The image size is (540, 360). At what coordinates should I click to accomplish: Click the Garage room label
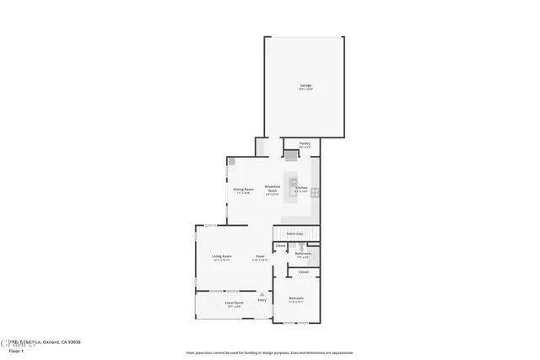click(305, 86)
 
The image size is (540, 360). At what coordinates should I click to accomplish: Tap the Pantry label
click(305, 143)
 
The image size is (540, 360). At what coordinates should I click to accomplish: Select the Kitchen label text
click(301, 187)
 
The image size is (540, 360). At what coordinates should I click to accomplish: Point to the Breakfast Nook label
click(273, 189)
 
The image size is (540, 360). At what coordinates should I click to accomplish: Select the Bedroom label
click(296, 298)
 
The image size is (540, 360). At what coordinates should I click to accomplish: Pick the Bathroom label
click(303, 253)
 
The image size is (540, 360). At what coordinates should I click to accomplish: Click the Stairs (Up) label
click(294, 233)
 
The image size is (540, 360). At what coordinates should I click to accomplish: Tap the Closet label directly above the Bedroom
click(303, 271)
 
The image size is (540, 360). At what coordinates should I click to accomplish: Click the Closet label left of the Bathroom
click(280, 246)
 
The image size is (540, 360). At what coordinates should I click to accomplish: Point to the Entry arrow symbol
click(262, 293)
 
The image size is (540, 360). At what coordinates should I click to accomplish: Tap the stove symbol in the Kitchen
click(315, 191)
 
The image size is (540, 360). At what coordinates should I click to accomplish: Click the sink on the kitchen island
click(294, 182)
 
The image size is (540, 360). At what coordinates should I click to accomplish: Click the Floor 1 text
click(17, 350)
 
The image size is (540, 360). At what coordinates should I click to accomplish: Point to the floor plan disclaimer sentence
click(270, 352)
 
